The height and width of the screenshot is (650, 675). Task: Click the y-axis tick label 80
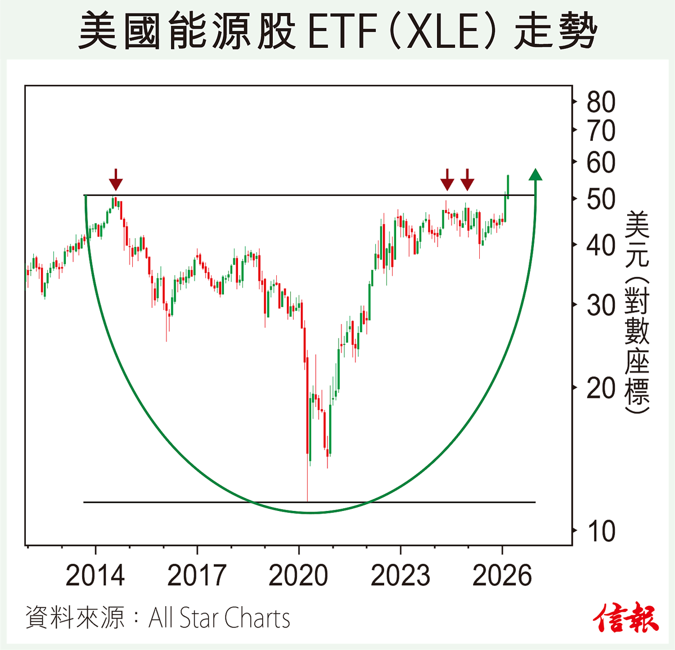tap(601, 102)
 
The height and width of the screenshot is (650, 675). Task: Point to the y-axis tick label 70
tap(601, 131)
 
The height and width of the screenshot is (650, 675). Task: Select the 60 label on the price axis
tap(601, 163)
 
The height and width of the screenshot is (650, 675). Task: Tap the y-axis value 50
tap(601, 199)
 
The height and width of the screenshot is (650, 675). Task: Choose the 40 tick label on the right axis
tap(601, 245)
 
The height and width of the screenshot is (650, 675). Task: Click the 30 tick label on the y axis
tap(601, 306)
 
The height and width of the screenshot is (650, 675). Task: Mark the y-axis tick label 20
tap(601, 388)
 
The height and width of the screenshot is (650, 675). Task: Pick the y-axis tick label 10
tap(601, 531)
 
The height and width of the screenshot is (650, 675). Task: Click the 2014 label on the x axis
tap(95, 575)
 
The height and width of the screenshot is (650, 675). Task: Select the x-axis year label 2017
tap(197, 575)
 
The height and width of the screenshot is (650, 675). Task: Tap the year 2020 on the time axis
tap(299, 575)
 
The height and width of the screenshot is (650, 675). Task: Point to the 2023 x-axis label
tap(400, 575)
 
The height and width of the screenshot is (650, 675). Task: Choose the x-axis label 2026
tap(502, 575)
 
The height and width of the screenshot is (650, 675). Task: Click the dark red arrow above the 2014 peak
tap(115, 180)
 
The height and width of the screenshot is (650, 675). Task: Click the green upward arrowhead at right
tap(535, 174)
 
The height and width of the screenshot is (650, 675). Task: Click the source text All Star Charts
tap(219, 618)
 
